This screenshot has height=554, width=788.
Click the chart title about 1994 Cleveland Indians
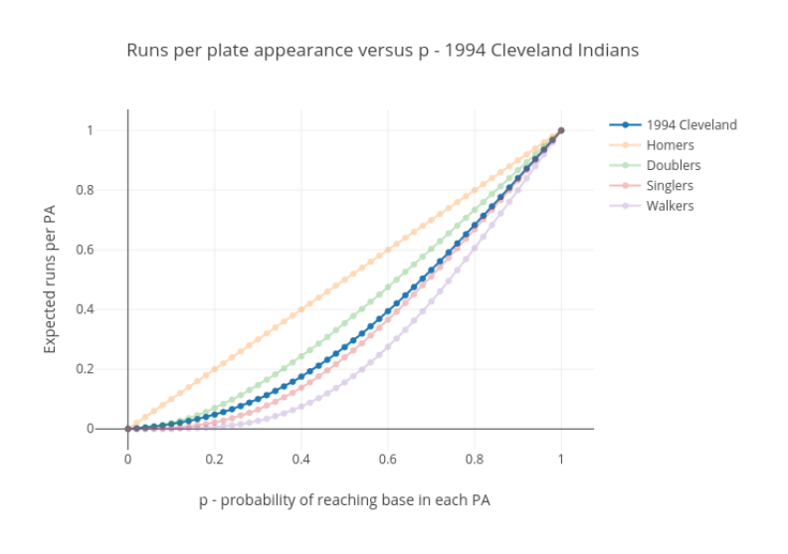pyautogui.click(x=382, y=50)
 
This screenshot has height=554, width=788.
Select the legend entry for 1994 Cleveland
pyautogui.click(x=690, y=125)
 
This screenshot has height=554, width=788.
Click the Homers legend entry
pyautogui.click(x=670, y=145)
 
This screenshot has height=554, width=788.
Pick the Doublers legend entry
pyautogui.click(x=673, y=165)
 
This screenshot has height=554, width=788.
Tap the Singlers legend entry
pyautogui.click(x=670, y=186)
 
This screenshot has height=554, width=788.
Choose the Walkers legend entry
pyautogui.click(x=670, y=206)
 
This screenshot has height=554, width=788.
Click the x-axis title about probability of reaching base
pyautogui.click(x=344, y=500)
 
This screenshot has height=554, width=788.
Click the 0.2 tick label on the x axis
pyautogui.click(x=214, y=460)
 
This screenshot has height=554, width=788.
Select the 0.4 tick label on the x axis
pyautogui.click(x=300, y=460)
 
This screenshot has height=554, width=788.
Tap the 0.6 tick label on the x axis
pyautogui.click(x=388, y=460)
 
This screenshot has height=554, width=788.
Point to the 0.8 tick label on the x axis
pyautogui.click(x=475, y=460)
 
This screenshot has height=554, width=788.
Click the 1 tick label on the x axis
pyautogui.click(x=561, y=460)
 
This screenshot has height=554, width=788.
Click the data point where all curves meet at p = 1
pyautogui.click(x=561, y=130)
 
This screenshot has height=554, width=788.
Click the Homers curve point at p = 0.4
pyautogui.click(x=300, y=310)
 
